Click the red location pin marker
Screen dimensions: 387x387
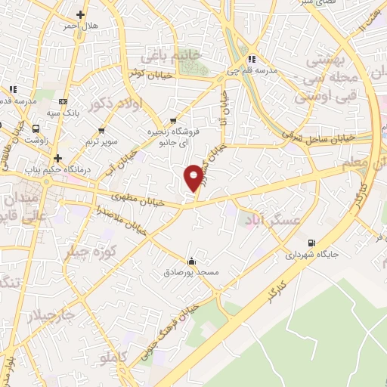point(194,177)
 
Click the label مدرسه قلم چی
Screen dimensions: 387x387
point(253,71)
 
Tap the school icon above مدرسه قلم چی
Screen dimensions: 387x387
point(253,58)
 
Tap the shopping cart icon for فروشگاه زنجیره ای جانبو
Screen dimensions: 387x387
point(174,119)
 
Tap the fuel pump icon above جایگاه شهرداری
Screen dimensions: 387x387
point(311,243)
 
